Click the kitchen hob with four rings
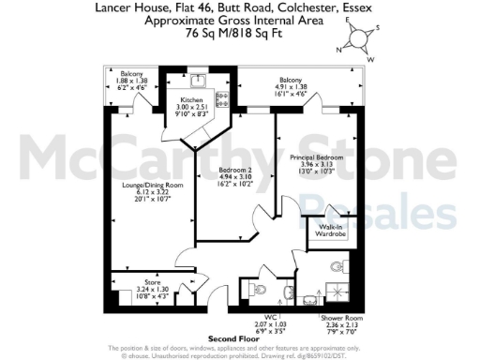222,97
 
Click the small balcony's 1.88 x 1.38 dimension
130,81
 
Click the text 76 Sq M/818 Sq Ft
239,31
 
